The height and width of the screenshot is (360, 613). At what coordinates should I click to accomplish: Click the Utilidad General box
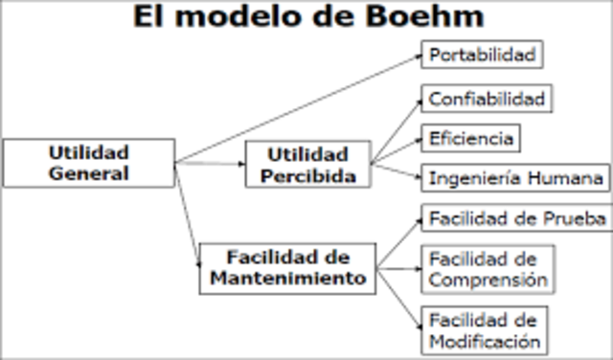pyautogui.click(x=89, y=163)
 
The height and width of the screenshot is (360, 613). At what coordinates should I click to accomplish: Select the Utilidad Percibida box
pyautogui.click(x=307, y=165)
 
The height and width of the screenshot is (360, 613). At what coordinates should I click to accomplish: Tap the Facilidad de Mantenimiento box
pyautogui.click(x=288, y=268)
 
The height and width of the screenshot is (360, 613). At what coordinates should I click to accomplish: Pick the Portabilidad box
pyautogui.click(x=482, y=55)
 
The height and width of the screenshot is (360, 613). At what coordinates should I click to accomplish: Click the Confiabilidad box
pyautogui.click(x=487, y=100)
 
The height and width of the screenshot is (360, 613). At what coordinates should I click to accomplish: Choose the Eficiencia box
pyautogui.click(x=472, y=139)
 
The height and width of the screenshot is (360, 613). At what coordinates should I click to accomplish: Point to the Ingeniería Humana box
pyautogui.click(x=515, y=178)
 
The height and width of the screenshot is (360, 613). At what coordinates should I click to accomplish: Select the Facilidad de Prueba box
pyautogui.click(x=517, y=219)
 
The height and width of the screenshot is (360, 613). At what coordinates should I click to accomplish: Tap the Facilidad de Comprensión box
pyautogui.click(x=488, y=269)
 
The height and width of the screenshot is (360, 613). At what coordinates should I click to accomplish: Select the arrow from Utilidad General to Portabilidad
pyautogui.click(x=297, y=108)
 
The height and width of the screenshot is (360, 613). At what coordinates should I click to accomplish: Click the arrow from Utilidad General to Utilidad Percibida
pyautogui.click(x=211, y=164)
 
